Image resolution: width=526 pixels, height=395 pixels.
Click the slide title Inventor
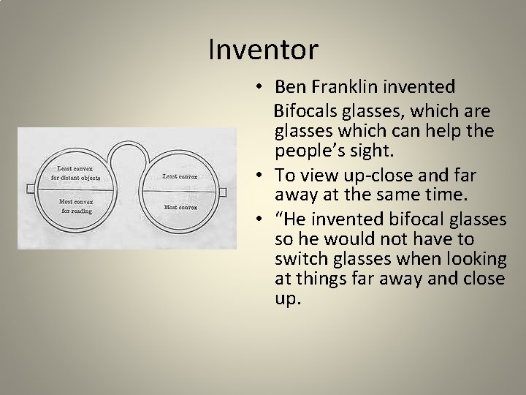pyautogui.click(x=263, y=50)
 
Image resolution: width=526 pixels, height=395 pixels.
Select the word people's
pyautogui.click(x=310, y=152)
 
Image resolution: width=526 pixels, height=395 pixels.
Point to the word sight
pyautogui.click(x=373, y=152)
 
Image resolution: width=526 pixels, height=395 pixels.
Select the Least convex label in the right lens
pyautogui.click(x=180, y=176)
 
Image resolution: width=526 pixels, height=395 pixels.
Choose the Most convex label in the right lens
pyautogui.click(x=180, y=207)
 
